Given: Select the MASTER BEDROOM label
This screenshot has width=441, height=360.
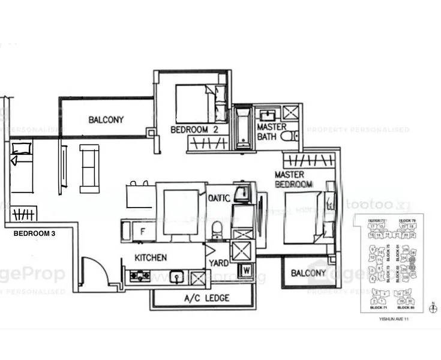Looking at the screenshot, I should point(293,179).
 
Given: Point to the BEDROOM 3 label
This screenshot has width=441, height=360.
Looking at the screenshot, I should point(34,233).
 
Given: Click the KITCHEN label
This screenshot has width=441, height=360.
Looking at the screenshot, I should point(151,257).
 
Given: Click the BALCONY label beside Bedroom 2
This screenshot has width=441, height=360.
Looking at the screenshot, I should point(106,119).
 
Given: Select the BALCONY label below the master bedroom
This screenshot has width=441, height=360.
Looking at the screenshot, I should point(308,273).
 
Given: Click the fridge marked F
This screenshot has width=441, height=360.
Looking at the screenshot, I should point(142,230).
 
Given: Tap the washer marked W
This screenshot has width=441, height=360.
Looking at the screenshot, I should point(246,271).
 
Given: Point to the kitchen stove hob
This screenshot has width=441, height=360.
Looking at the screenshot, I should point(140,276).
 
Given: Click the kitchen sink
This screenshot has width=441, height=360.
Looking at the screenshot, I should point(176,277).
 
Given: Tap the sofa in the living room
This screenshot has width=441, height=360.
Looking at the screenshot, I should point(89,169).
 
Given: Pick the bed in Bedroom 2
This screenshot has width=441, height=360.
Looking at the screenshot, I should point(194,103).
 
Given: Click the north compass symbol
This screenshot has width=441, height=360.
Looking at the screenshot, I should point(434,308).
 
